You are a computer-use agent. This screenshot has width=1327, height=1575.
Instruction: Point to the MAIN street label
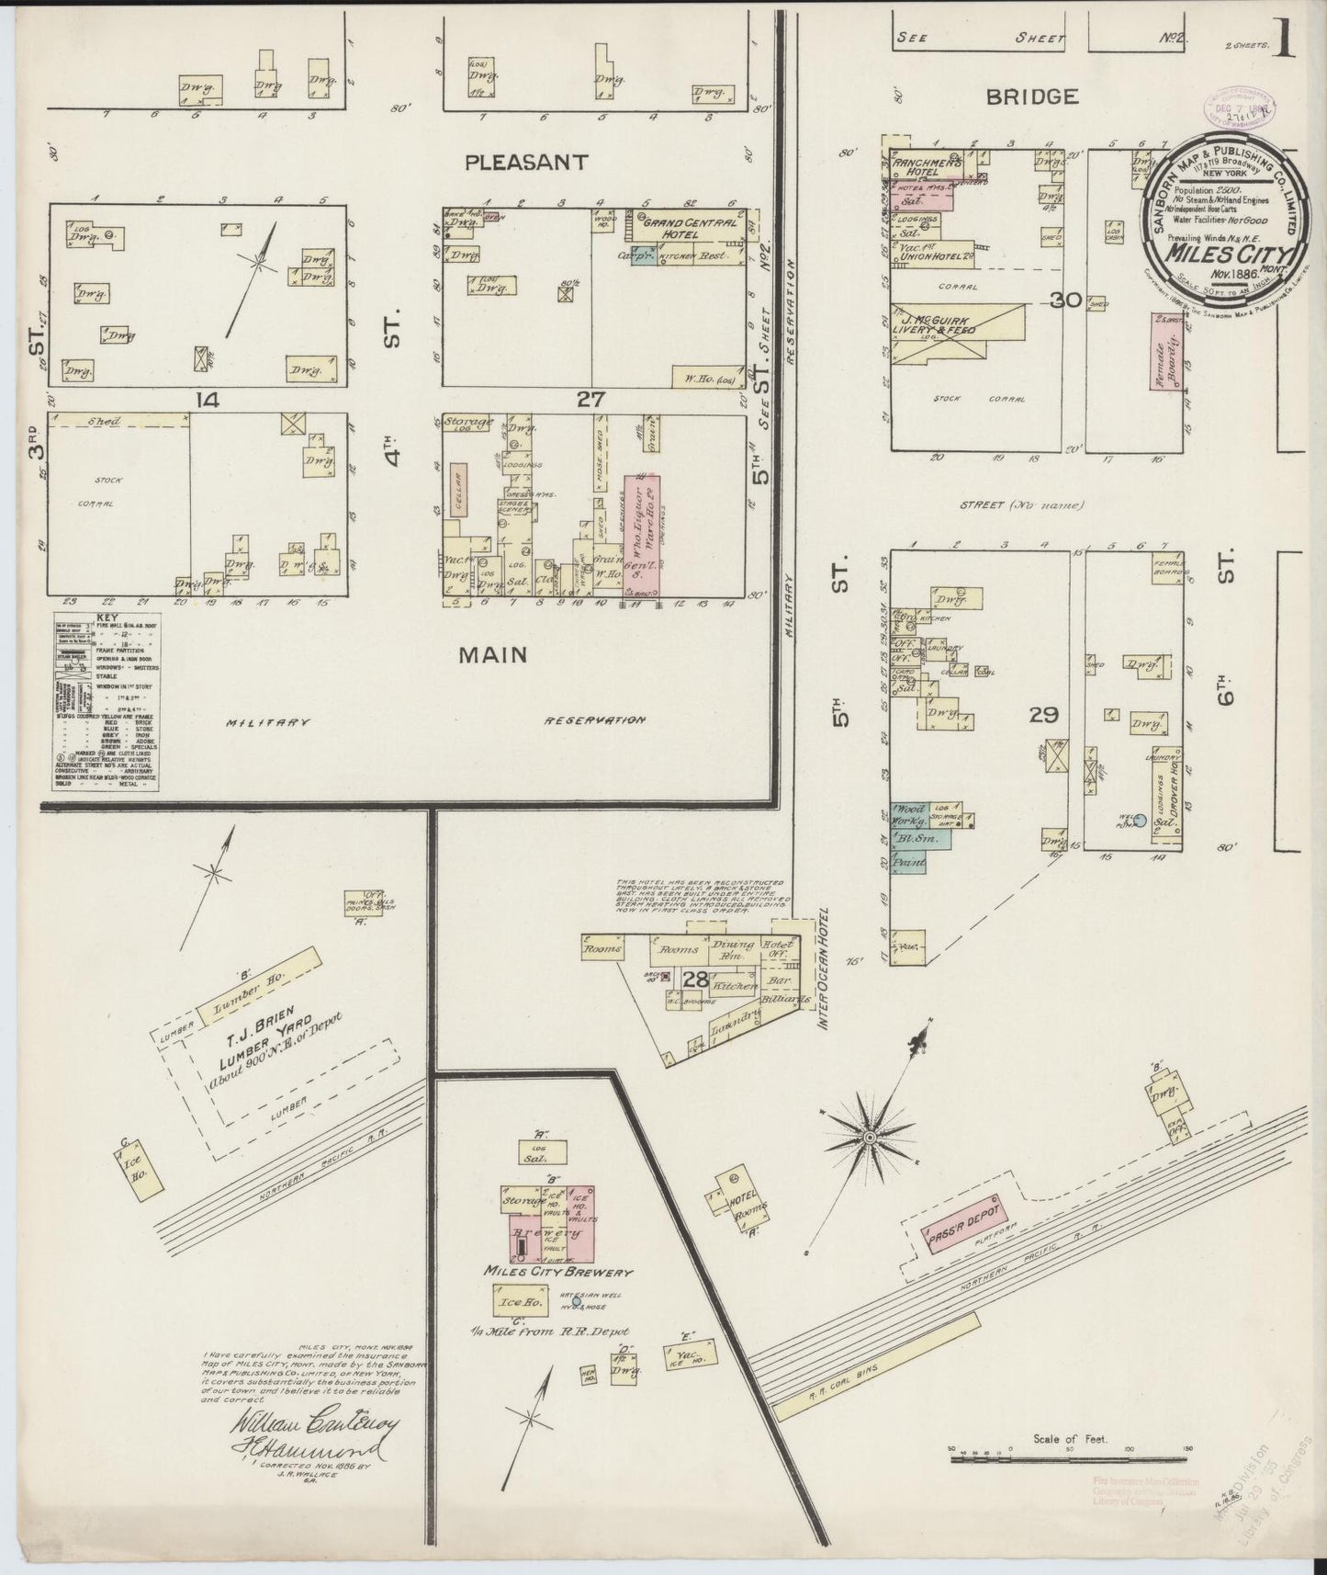(494, 654)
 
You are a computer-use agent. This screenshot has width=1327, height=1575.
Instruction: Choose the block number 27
(588, 399)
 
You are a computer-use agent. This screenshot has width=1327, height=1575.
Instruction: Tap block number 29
(1045, 714)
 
